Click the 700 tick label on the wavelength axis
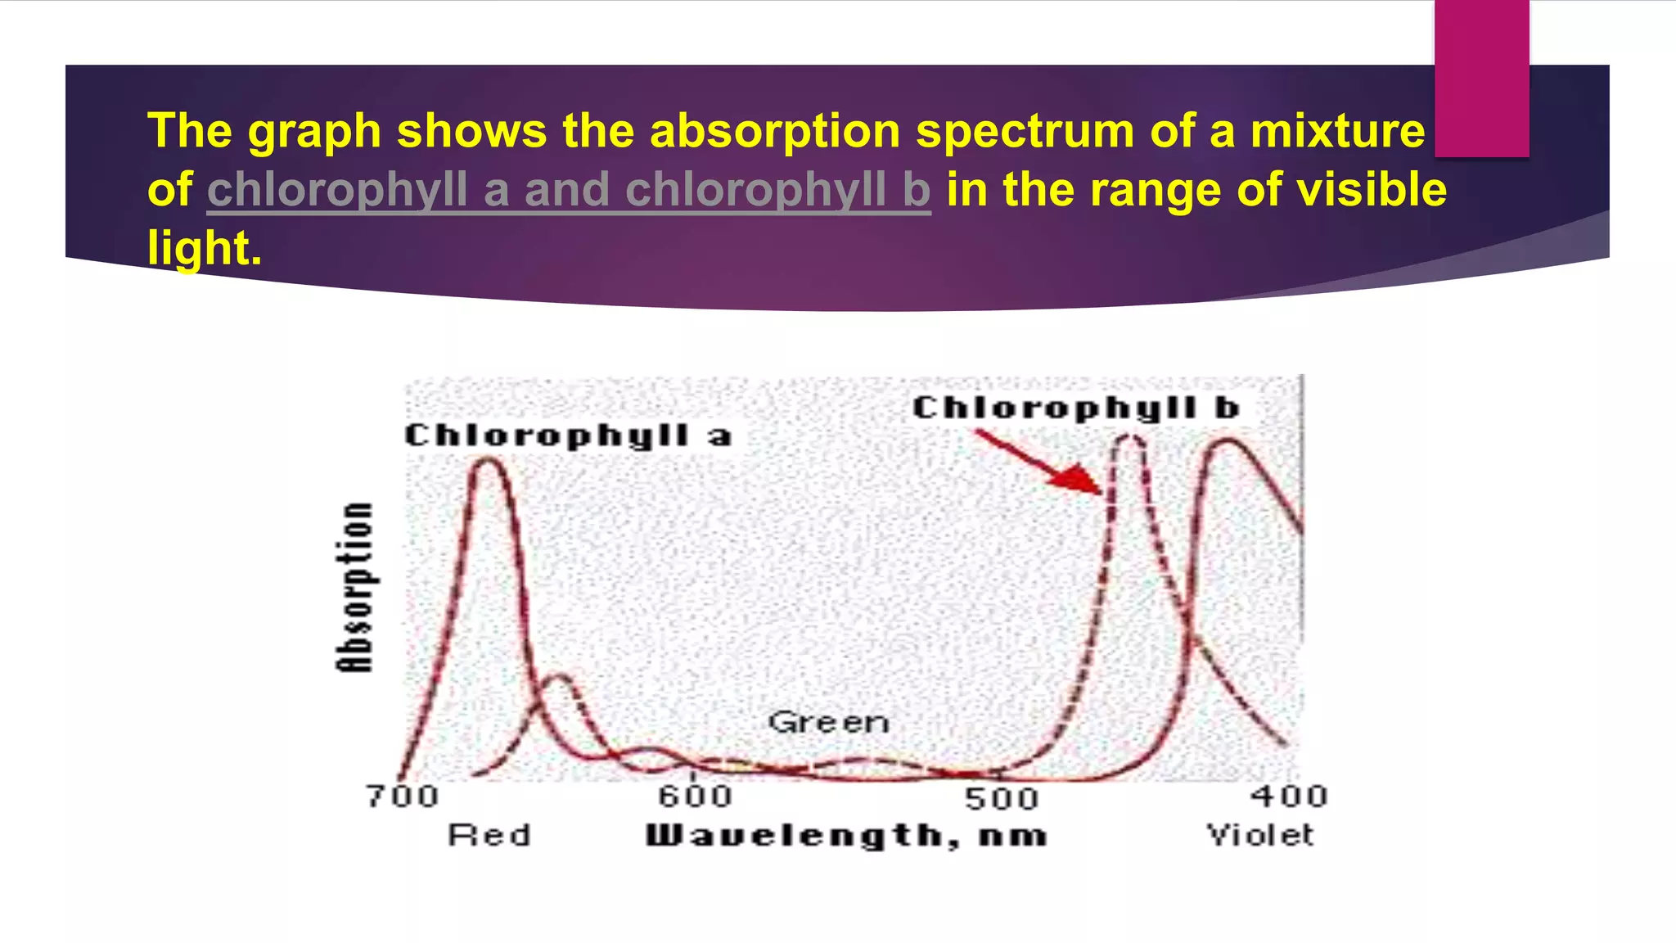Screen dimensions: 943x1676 click(x=402, y=796)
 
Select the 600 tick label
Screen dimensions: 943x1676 click(x=696, y=796)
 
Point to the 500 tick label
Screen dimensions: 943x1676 click(x=1001, y=798)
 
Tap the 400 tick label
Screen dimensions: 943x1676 click(x=1288, y=796)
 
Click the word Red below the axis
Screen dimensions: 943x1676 click(x=489, y=835)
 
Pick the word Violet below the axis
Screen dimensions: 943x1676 click(x=1260, y=835)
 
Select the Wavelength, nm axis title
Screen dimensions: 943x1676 click(x=846, y=836)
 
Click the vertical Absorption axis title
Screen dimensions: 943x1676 click(x=356, y=588)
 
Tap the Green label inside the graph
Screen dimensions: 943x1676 click(x=828, y=722)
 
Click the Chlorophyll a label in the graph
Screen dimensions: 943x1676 click(x=568, y=435)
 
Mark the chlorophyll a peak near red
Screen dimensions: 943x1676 click(x=489, y=462)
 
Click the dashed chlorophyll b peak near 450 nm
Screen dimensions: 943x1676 click(x=1130, y=440)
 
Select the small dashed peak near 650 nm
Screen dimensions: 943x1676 click(x=560, y=678)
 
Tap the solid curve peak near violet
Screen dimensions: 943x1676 click(x=1228, y=443)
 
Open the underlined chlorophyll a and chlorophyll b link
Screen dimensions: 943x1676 click(x=568, y=189)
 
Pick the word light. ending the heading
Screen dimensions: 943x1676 click(x=205, y=247)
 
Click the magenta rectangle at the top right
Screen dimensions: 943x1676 click(x=1481, y=78)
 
